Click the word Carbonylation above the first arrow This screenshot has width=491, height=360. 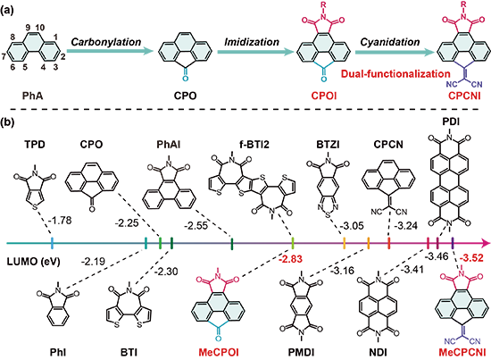[x=106, y=42]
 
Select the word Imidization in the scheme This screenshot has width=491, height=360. [x=252, y=42]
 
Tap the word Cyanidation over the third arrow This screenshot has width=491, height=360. [x=390, y=42]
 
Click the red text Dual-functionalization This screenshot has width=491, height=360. [x=395, y=74]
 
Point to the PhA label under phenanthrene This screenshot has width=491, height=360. [x=32, y=96]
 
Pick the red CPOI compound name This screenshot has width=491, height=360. [x=324, y=96]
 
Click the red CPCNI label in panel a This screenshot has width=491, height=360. [x=464, y=96]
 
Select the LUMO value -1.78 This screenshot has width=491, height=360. [x=60, y=221]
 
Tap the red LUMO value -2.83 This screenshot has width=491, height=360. [x=291, y=259]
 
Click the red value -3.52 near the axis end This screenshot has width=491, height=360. [x=471, y=258]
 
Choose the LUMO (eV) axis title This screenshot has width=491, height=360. [x=34, y=261]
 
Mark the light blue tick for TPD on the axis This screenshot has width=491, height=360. [x=52, y=243]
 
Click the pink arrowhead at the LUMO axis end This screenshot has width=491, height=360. [x=485, y=243]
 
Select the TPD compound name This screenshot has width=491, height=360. [x=35, y=145]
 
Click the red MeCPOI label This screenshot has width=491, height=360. [x=219, y=352]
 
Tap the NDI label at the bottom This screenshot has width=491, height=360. [x=378, y=352]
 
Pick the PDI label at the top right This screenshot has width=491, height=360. [x=451, y=121]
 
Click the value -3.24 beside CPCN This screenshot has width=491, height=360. [x=405, y=225]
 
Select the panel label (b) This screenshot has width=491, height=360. [x=7, y=121]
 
